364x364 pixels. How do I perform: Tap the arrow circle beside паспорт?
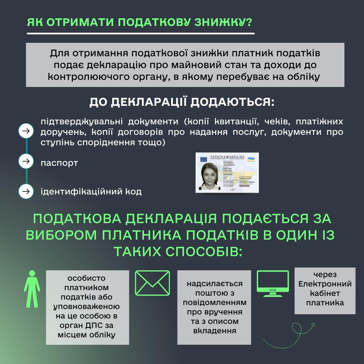tap(26, 161)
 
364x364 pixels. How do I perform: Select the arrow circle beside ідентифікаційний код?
tap(26, 191)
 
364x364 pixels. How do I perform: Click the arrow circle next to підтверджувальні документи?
tap(26, 131)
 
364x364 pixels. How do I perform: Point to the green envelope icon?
tap(152, 283)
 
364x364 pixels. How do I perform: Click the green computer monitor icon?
tap(273, 283)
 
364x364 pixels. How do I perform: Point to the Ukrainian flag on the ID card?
tap(250, 159)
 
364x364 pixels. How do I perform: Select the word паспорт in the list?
tap(59, 163)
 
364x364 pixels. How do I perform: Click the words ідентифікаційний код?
tap(91, 192)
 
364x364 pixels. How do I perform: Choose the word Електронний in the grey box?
tap(325, 284)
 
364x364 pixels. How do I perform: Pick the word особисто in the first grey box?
tap(87, 279)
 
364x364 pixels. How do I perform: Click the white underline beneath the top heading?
tap(141, 33)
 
